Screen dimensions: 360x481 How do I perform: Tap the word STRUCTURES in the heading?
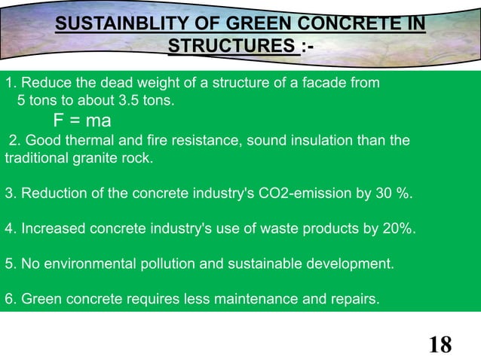tap(231, 47)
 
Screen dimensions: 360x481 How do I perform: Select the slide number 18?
tap(440, 345)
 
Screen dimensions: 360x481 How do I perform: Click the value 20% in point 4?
tap(398, 229)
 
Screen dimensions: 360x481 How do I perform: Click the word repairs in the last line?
tap(355, 300)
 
